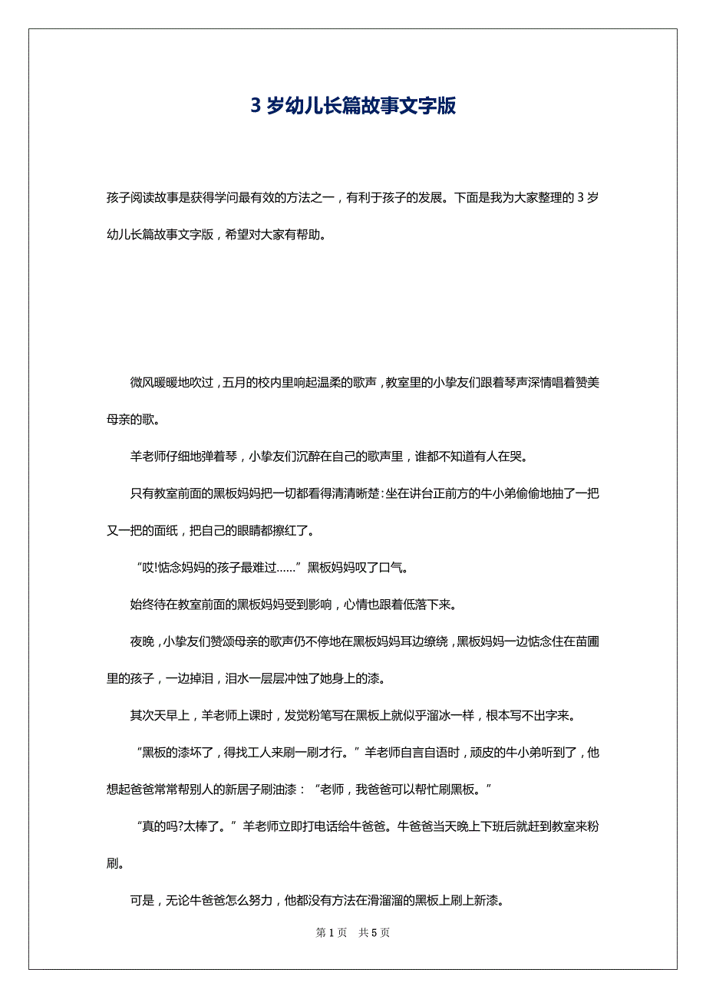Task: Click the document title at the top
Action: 353,106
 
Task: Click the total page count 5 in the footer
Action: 374,933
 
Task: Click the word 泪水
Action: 236,679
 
